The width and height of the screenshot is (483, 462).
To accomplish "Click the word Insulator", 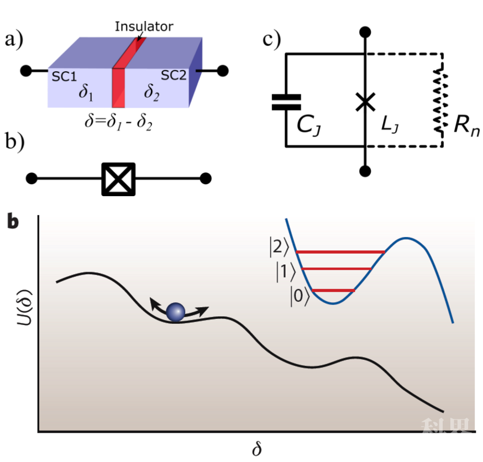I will [x=144, y=26].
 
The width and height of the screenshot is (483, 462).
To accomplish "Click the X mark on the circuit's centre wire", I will [x=364, y=102].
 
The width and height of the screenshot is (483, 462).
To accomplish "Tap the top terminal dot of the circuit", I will [x=364, y=32].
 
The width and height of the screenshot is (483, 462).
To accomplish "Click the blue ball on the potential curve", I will [x=175, y=312].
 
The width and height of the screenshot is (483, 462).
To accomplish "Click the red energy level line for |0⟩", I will [x=333, y=290].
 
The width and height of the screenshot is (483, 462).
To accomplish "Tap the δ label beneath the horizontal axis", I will [x=256, y=449].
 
